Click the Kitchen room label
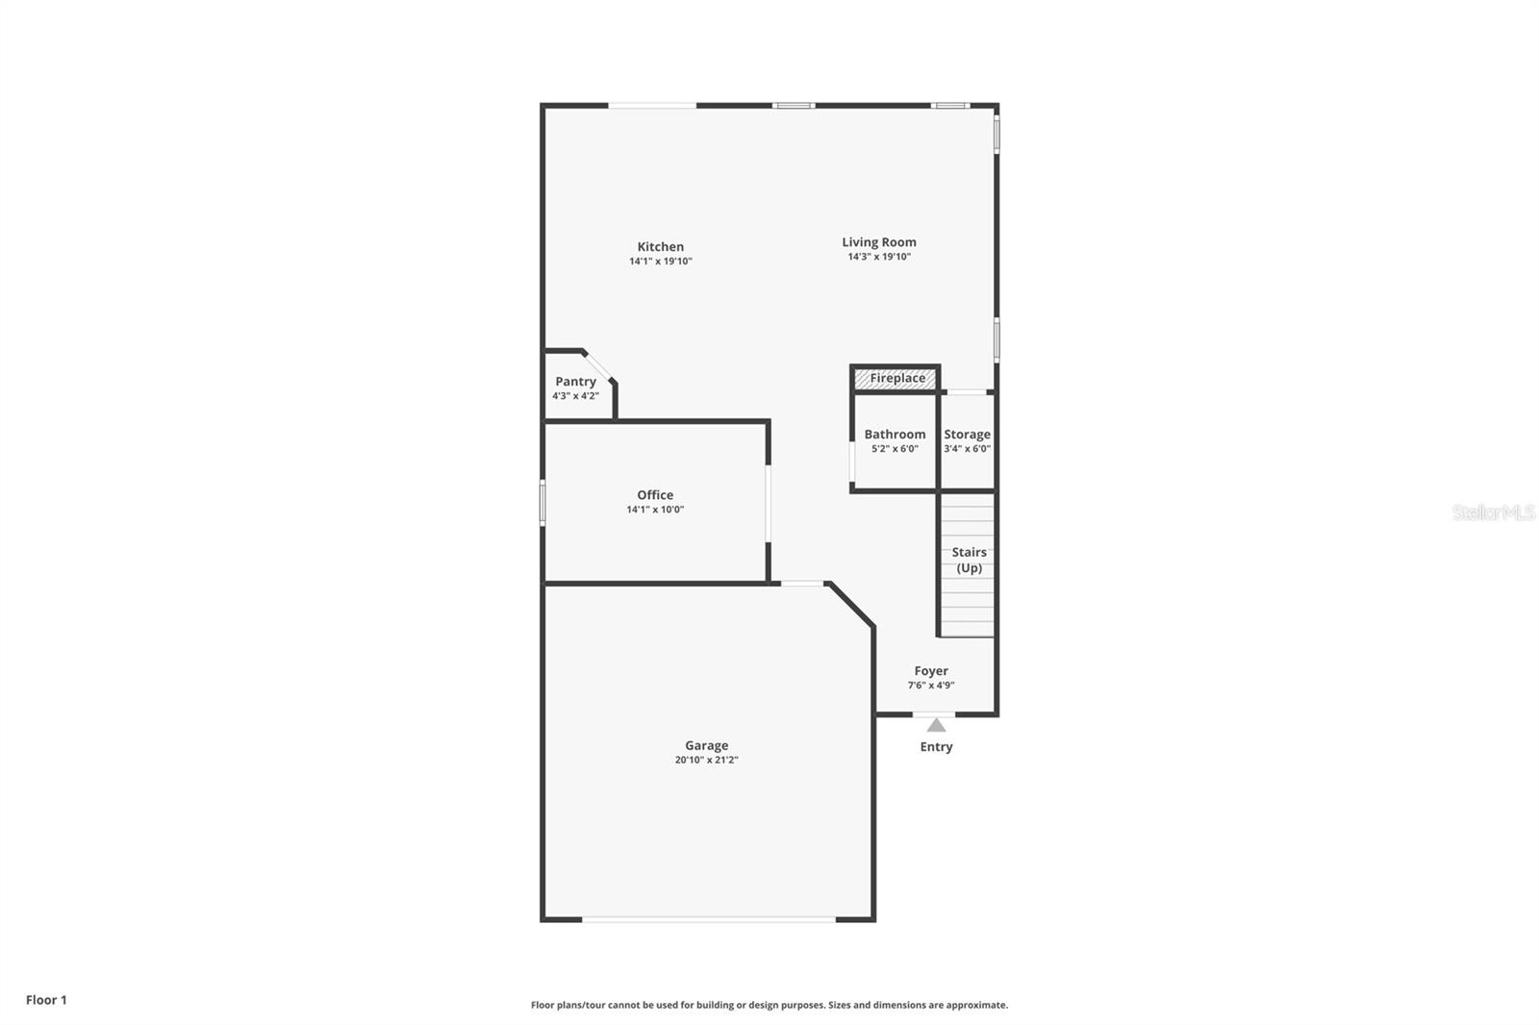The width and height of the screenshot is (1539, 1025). click(x=660, y=247)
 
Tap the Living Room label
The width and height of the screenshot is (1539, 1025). click(x=879, y=242)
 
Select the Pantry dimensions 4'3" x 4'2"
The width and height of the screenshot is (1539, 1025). click(x=575, y=396)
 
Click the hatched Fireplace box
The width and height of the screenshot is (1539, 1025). click(x=896, y=379)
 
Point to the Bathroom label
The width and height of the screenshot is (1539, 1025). click(x=895, y=435)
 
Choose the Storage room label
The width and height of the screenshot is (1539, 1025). click(x=967, y=435)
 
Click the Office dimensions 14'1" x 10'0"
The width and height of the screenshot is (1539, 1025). click(x=655, y=510)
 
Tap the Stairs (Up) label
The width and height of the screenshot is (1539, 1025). click(x=969, y=560)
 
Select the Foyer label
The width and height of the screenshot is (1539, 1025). click(x=931, y=671)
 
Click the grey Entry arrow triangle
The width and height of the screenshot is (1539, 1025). click(x=936, y=725)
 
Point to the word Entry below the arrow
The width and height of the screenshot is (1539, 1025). click(x=936, y=747)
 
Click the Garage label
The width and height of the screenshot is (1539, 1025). click(x=706, y=745)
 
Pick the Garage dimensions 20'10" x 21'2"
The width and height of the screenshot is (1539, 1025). click(x=706, y=760)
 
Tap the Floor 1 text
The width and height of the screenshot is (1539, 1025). click(x=46, y=1000)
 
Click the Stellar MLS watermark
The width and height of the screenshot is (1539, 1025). click(x=1493, y=512)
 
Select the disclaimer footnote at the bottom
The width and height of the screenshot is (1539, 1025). click(x=769, y=1005)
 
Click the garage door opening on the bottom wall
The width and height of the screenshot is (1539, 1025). click(x=709, y=920)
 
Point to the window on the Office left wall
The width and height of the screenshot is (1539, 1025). click(x=542, y=502)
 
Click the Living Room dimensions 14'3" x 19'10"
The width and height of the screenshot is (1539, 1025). click(x=879, y=257)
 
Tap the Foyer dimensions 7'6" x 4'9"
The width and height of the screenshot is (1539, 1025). click(x=931, y=686)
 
